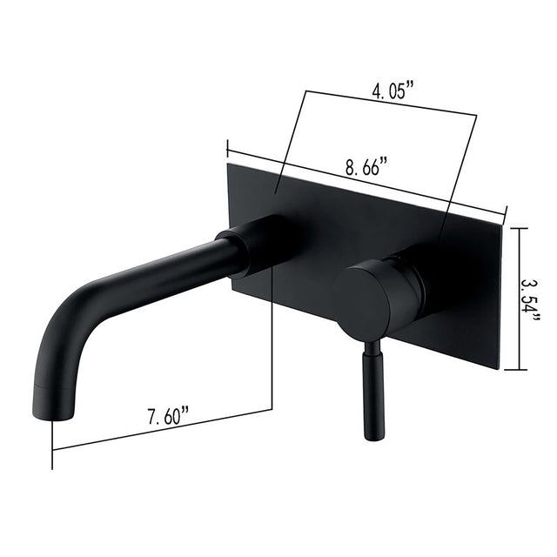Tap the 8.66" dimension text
pyautogui.click(x=366, y=168)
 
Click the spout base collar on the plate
pyautogui.click(x=252, y=246)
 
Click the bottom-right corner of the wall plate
pyautogui.click(x=500, y=368)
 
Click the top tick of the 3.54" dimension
pyautogui.click(x=517, y=228)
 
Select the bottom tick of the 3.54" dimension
pyautogui.click(x=517, y=369)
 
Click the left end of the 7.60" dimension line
pyautogui.click(x=53, y=449)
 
